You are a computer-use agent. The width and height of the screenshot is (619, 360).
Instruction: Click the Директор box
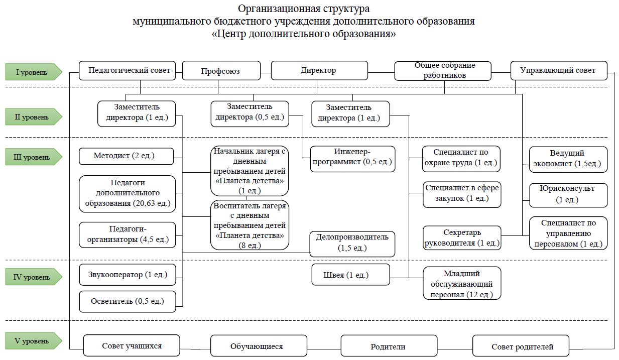319,71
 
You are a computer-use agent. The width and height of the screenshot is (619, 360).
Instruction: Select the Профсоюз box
221,71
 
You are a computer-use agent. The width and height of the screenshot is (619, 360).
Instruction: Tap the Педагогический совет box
127,71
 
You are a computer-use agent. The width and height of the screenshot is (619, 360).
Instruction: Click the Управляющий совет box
559,71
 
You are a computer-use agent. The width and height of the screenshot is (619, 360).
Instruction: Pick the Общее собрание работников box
443,71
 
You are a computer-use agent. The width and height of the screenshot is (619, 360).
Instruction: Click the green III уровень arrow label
34,157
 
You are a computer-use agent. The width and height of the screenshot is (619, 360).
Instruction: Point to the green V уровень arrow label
34,340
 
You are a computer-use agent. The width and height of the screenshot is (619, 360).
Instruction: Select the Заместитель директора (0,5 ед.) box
250,114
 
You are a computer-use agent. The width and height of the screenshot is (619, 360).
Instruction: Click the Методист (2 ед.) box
127,156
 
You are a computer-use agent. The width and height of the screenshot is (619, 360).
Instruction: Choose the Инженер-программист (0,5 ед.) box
352,159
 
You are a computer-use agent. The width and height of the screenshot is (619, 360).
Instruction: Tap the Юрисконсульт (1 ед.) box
568,195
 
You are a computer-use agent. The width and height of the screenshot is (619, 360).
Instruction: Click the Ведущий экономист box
568,160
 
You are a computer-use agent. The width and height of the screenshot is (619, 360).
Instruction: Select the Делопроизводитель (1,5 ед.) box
352,244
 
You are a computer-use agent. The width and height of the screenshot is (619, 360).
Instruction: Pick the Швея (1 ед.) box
351,275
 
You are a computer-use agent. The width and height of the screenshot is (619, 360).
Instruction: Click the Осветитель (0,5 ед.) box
128,301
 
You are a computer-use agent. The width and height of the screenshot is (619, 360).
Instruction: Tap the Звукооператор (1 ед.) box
128,275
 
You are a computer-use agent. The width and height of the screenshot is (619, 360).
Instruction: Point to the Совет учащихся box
132,345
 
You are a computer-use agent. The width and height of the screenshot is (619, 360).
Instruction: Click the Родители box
389,346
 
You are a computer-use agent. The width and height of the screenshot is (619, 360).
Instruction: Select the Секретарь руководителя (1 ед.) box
462,238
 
